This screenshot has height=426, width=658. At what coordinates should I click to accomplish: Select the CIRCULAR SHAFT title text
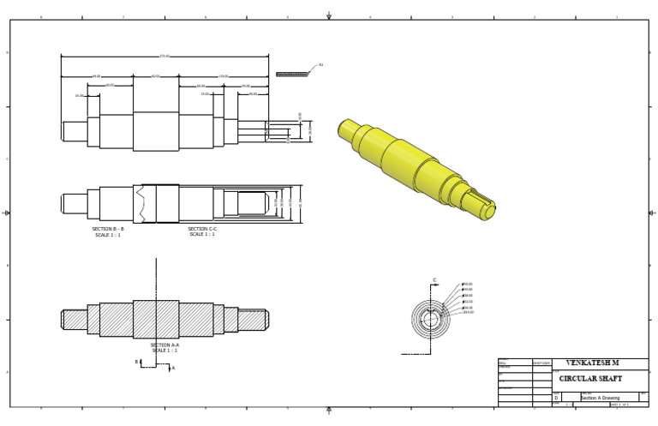590,379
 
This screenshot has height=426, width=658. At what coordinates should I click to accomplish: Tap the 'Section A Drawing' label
601,398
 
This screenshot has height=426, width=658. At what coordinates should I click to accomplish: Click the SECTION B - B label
108,230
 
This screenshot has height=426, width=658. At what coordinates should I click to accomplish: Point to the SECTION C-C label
202,230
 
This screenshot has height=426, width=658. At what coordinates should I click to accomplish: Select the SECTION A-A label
164,345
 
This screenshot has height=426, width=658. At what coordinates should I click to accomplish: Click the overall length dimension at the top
164,57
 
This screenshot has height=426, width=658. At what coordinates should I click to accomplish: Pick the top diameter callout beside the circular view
468,285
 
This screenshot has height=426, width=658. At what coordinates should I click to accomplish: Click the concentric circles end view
430,320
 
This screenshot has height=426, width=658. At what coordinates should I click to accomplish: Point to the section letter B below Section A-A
136,362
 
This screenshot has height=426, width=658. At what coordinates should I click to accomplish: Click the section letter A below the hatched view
172,369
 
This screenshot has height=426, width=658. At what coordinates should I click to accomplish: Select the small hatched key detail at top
291,75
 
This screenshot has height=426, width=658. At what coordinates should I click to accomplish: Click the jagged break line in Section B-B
141,204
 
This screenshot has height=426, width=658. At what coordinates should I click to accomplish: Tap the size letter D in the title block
556,398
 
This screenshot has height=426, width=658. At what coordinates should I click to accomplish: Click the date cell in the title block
541,363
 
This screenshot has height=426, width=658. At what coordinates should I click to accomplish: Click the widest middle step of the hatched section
156,320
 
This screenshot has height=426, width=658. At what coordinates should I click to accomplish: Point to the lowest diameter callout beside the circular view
469,313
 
